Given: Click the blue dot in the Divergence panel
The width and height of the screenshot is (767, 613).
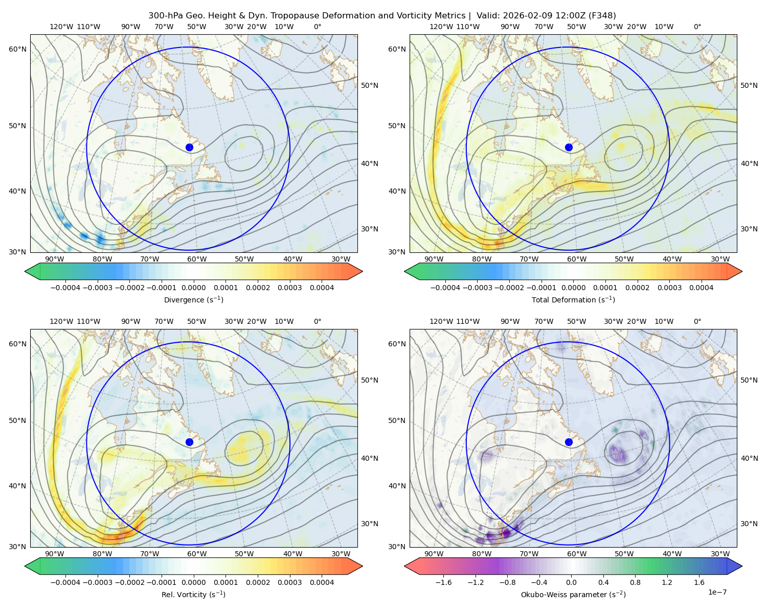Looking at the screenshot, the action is (x=189, y=147).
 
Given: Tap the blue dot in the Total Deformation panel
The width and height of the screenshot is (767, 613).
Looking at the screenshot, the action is (x=569, y=147).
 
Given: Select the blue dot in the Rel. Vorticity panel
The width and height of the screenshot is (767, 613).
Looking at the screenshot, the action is (x=189, y=442).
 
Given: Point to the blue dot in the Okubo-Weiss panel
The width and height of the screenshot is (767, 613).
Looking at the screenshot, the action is (x=569, y=442).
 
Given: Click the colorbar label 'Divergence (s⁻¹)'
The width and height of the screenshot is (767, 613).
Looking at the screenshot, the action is (x=193, y=299).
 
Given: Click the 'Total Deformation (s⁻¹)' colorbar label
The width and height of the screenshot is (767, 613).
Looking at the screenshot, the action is (x=573, y=299).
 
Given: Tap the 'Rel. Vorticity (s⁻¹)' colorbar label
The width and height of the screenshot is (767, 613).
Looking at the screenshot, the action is (x=193, y=594).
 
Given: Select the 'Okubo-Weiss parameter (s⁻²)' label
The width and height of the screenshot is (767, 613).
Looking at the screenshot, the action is (x=573, y=594).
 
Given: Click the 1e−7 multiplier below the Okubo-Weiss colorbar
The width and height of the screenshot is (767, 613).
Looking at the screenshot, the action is (x=717, y=592).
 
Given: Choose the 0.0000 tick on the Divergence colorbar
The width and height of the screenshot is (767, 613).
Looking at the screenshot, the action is (x=193, y=288).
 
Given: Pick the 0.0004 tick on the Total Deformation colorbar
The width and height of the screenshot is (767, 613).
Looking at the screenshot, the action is (x=701, y=288).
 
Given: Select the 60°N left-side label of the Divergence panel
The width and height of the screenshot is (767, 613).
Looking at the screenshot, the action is (x=17, y=49).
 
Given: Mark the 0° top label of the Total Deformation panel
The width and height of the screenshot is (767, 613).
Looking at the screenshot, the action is (x=697, y=27).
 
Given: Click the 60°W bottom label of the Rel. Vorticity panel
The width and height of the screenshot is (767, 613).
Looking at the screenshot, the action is (x=197, y=554).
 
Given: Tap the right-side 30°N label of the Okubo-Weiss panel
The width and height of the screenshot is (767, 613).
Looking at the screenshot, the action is (x=749, y=524).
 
